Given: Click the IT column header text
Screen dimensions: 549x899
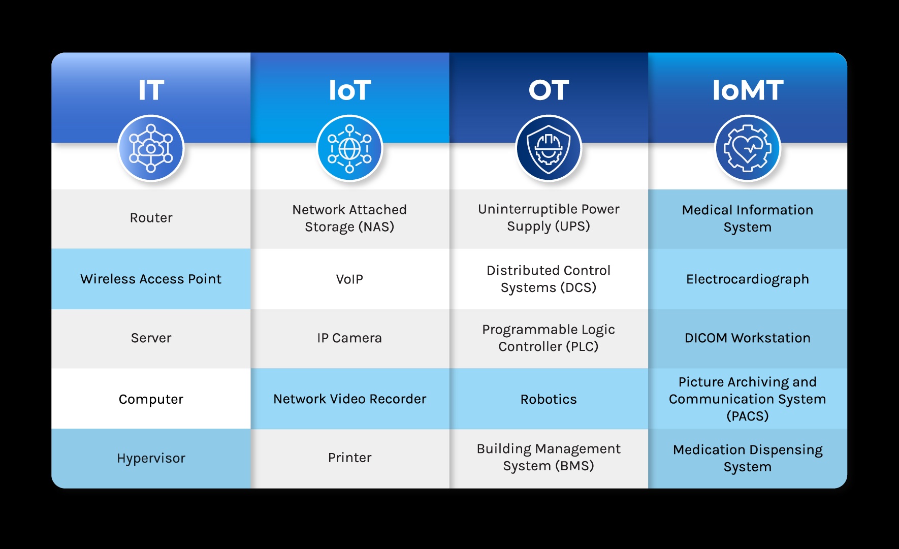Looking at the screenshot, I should click(x=151, y=90).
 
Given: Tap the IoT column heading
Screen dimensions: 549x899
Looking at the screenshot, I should click(x=349, y=90).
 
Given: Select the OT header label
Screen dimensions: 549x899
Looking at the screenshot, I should click(x=549, y=90).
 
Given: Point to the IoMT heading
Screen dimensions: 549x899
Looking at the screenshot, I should click(x=748, y=90).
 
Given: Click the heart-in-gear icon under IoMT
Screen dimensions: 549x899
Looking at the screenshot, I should click(x=748, y=148).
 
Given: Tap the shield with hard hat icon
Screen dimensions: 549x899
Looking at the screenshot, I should click(x=549, y=148).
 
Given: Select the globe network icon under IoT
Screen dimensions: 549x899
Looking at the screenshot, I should click(x=349, y=148).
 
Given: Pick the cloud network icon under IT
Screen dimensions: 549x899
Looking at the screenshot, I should click(x=151, y=148).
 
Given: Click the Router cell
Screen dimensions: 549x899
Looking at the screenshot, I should click(x=151, y=218).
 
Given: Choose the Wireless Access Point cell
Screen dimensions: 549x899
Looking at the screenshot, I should click(x=151, y=279).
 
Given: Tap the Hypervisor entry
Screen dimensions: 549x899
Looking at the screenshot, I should click(x=151, y=458).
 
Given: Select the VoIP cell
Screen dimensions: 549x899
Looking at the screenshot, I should click(x=349, y=279).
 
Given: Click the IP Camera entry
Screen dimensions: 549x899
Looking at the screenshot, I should click(x=349, y=338).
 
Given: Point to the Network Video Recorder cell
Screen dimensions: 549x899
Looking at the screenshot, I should click(x=349, y=399).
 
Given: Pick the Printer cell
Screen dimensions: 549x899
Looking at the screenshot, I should click(x=349, y=458).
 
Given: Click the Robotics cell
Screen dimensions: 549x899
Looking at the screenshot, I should click(x=549, y=399).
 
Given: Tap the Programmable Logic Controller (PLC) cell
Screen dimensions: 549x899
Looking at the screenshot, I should click(x=549, y=338).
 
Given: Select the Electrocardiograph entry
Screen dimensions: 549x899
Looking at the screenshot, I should click(x=748, y=279).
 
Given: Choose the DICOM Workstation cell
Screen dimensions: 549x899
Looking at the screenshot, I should click(x=748, y=338).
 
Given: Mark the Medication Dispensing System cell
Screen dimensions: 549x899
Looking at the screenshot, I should click(x=748, y=458).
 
